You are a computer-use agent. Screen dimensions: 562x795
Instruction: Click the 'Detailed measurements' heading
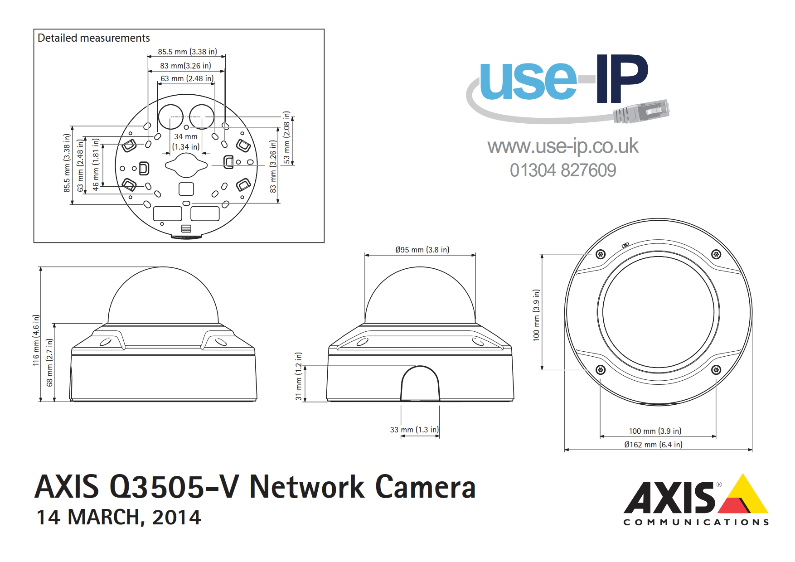point(93,38)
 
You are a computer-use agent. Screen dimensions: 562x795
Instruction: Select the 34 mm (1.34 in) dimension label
point(186,141)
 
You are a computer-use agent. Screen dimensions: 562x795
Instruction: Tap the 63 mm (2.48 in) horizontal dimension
point(187,78)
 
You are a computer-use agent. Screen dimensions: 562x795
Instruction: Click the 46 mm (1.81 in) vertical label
point(96,165)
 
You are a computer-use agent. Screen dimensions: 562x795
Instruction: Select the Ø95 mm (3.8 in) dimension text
point(422,250)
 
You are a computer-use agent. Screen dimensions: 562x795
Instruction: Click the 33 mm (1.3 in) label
point(414,430)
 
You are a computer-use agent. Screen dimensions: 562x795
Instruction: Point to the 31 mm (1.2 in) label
point(298,376)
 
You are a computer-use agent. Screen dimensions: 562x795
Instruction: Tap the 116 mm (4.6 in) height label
point(36,340)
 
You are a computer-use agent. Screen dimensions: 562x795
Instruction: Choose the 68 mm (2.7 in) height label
point(50,363)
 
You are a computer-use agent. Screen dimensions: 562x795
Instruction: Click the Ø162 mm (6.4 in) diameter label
point(653,445)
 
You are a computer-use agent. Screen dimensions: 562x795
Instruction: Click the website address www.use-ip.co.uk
point(563,146)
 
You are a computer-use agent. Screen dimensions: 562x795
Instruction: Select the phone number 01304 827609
point(563,170)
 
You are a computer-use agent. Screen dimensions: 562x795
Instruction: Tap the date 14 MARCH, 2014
point(119,517)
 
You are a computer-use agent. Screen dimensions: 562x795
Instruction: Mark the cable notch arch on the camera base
point(420,383)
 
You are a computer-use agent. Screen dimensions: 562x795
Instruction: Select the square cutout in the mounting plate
point(186,189)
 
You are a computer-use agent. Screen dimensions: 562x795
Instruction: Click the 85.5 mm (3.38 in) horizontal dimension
point(187,52)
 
